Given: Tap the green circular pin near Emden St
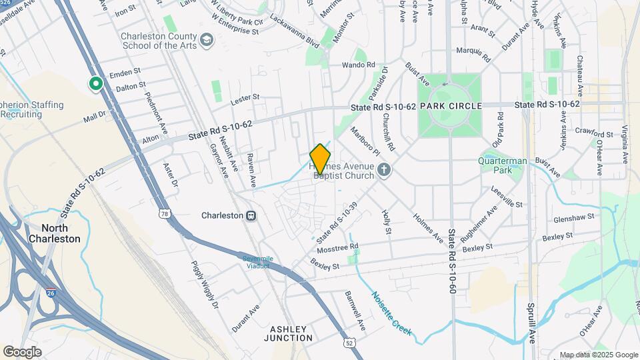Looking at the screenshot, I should (95, 84).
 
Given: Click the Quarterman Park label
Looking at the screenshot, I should (503, 165).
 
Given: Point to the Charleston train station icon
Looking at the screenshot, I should (251, 215).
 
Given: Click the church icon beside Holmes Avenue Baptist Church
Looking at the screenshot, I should (383, 171).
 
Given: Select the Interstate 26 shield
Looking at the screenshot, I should (51, 291).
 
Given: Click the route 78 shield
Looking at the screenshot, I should (164, 214).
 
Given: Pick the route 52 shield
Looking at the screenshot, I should (349, 343).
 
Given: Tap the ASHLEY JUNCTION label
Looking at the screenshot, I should (289, 333).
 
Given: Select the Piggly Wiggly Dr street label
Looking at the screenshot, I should (205, 286).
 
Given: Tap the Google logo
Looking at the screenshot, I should (22, 351).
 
